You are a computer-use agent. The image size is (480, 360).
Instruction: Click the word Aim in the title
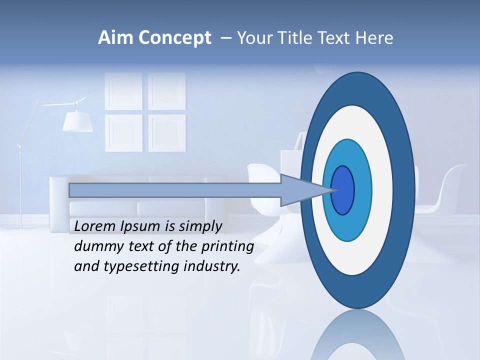116,38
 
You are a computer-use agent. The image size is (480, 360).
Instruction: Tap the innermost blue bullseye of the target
343,190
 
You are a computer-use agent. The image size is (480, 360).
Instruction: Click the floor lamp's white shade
77,121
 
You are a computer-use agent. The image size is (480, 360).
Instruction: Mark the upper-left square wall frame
123,91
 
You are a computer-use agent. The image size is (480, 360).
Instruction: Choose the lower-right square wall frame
167,133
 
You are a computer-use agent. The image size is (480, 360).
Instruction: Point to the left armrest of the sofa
59,200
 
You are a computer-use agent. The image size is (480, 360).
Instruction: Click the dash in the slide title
225,38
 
